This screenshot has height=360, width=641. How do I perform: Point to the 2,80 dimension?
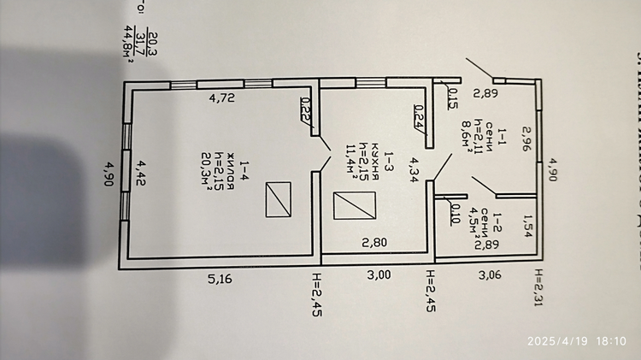(x=375, y=242)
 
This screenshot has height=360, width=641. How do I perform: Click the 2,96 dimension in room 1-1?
(x=526, y=141)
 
